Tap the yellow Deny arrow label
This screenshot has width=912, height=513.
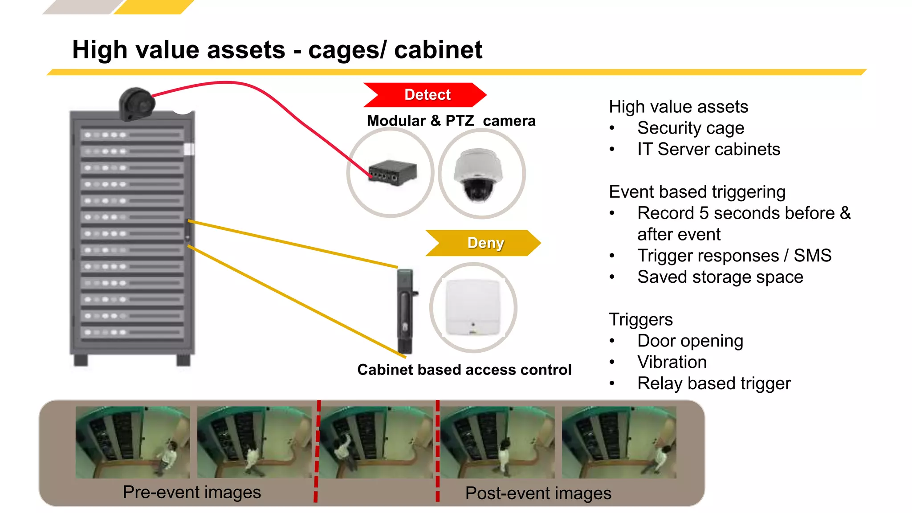(484, 243)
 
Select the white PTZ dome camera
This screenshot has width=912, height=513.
(478, 175)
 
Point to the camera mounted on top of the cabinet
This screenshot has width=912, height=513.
(136, 104)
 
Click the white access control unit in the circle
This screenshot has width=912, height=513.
(473, 307)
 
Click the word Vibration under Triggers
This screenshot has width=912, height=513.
(672, 362)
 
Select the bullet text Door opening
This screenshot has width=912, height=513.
(690, 341)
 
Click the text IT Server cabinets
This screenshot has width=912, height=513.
(708, 149)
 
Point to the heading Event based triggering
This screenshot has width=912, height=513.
(697, 192)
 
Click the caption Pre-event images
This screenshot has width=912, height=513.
(192, 493)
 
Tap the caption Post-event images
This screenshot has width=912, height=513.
(538, 493)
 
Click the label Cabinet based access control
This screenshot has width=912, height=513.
(464, 370)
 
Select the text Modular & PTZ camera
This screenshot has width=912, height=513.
(451, 121)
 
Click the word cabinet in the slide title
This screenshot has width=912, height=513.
(438, 49)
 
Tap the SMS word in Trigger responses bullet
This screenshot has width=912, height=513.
(812, 256)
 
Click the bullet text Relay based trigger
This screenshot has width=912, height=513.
(713, 383)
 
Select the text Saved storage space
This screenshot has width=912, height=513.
(720, 277)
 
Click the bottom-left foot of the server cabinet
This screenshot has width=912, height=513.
(81, 360)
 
